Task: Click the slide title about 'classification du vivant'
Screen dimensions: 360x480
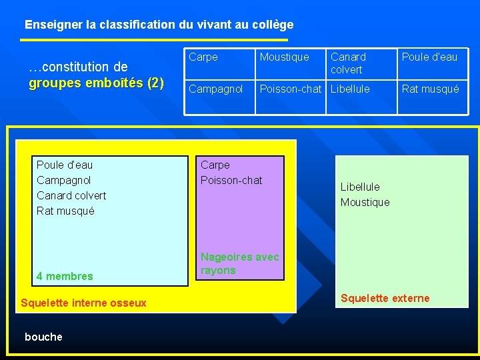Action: (159, 25)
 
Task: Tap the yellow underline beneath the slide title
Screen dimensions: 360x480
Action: (153, 40)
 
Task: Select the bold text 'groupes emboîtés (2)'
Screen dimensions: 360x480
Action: (96, 83)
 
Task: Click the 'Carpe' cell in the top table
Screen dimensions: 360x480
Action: (203, 57)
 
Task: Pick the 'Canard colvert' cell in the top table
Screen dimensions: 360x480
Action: (348, 63)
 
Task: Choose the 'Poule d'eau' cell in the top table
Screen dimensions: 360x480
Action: (429, 57)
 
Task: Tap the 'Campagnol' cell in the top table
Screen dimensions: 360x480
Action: (215, 89)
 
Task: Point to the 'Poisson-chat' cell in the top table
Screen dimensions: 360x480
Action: (291, 89)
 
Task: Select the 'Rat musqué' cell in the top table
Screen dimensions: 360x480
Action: (430, 89)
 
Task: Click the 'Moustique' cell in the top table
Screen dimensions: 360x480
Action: (285, 57)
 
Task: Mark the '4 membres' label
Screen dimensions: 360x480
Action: (65, 276)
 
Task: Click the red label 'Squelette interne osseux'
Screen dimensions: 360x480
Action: (83, 303)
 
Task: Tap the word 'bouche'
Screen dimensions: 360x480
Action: (43, 337)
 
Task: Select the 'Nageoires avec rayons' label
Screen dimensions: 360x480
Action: (240, 263)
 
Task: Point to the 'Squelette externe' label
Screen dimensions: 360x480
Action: (385, 298)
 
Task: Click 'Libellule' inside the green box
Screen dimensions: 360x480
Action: (360, 187)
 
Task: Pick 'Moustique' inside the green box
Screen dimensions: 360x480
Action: (365, 202)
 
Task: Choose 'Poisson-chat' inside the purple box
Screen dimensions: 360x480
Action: (231, 180)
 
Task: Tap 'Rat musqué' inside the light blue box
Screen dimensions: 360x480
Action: (65, 211)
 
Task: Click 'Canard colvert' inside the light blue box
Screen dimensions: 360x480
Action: (71, 195)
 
